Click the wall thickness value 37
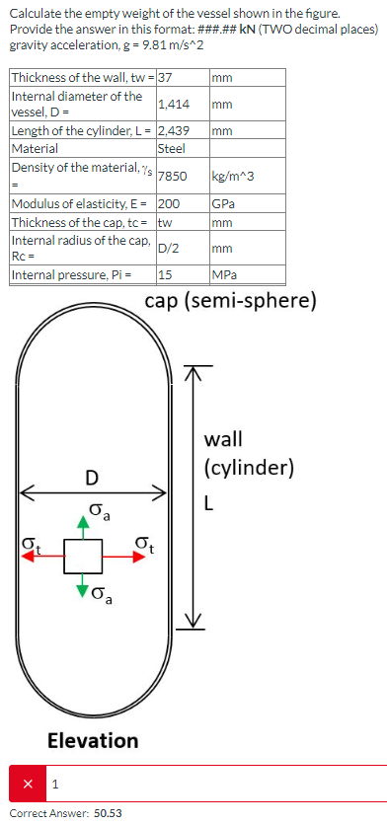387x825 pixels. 166,77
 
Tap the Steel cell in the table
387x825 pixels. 171,148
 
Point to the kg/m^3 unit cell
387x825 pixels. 234,177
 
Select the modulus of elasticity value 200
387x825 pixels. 169,205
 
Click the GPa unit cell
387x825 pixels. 224,205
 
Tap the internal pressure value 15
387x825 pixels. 165,275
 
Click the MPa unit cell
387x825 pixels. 224,275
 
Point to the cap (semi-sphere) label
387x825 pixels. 231,300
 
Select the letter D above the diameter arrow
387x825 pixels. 91,478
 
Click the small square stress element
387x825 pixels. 84,556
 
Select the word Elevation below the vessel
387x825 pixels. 93,739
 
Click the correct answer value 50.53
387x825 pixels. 108,813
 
